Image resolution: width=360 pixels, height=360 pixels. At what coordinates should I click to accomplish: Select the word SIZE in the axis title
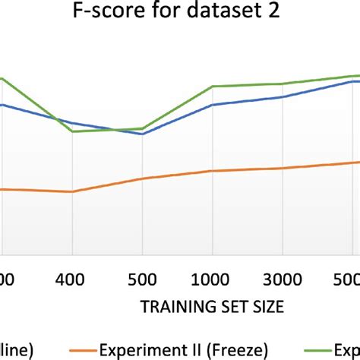point(267,307)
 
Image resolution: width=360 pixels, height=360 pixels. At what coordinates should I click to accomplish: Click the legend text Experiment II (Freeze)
point(183,349)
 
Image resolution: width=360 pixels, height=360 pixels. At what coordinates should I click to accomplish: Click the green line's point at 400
point(72,131)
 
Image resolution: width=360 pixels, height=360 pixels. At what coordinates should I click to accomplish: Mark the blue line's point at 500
point(142,134)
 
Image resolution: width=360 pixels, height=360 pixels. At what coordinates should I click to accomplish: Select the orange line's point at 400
point(72,191)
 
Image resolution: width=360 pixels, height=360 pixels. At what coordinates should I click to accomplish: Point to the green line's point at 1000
point(211,86)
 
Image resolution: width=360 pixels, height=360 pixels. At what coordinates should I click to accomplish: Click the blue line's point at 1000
point(211,105)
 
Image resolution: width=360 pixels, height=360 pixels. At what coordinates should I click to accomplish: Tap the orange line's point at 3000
point(281,168)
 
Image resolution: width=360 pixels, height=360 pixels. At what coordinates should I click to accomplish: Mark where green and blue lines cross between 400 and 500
point(114,129)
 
